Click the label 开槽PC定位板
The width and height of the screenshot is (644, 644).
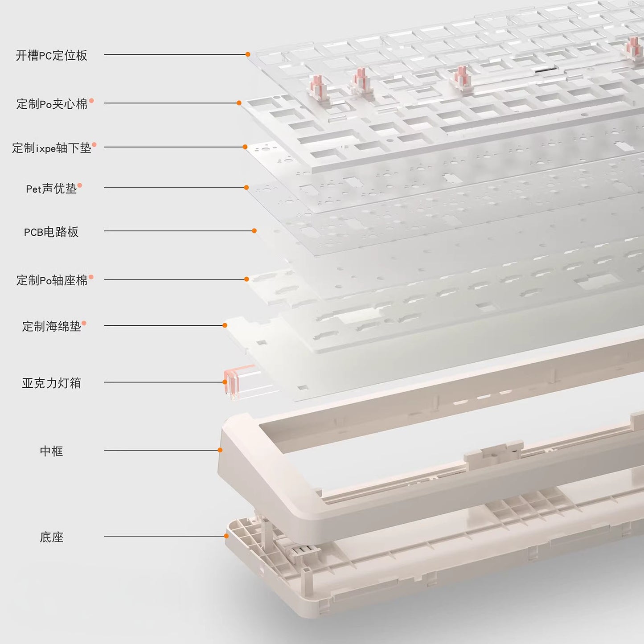click(x=51, y=55)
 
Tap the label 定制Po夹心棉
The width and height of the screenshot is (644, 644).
click(x=52, y=104)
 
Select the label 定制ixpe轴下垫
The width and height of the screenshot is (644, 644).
click(x=51, y=148)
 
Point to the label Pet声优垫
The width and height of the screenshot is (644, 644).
click(x=51, y=189)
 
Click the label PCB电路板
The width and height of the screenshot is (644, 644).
click(x=51, y=232)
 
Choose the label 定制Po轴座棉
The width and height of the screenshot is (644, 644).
click(x=52, y=280)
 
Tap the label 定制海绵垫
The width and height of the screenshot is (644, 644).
click(x=51, y=326)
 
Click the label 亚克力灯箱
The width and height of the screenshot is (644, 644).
click(x=51, y=383)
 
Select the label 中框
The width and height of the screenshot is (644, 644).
click(x=51, y=451)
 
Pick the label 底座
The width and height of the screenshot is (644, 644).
click(x=51, y=537)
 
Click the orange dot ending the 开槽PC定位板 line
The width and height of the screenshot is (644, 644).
click(x=248, y=54)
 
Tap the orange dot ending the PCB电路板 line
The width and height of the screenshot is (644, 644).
click(x=254, y=231)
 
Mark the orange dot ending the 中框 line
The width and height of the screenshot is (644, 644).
click(x=220, y=450)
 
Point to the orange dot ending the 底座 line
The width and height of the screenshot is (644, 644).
click(x=226, y=536)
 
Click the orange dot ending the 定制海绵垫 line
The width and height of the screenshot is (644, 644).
click(x=225, y=325)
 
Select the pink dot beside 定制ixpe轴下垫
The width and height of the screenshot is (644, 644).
click(x=94, y=145)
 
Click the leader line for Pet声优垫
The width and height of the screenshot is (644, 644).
click(x=174, y=188)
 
